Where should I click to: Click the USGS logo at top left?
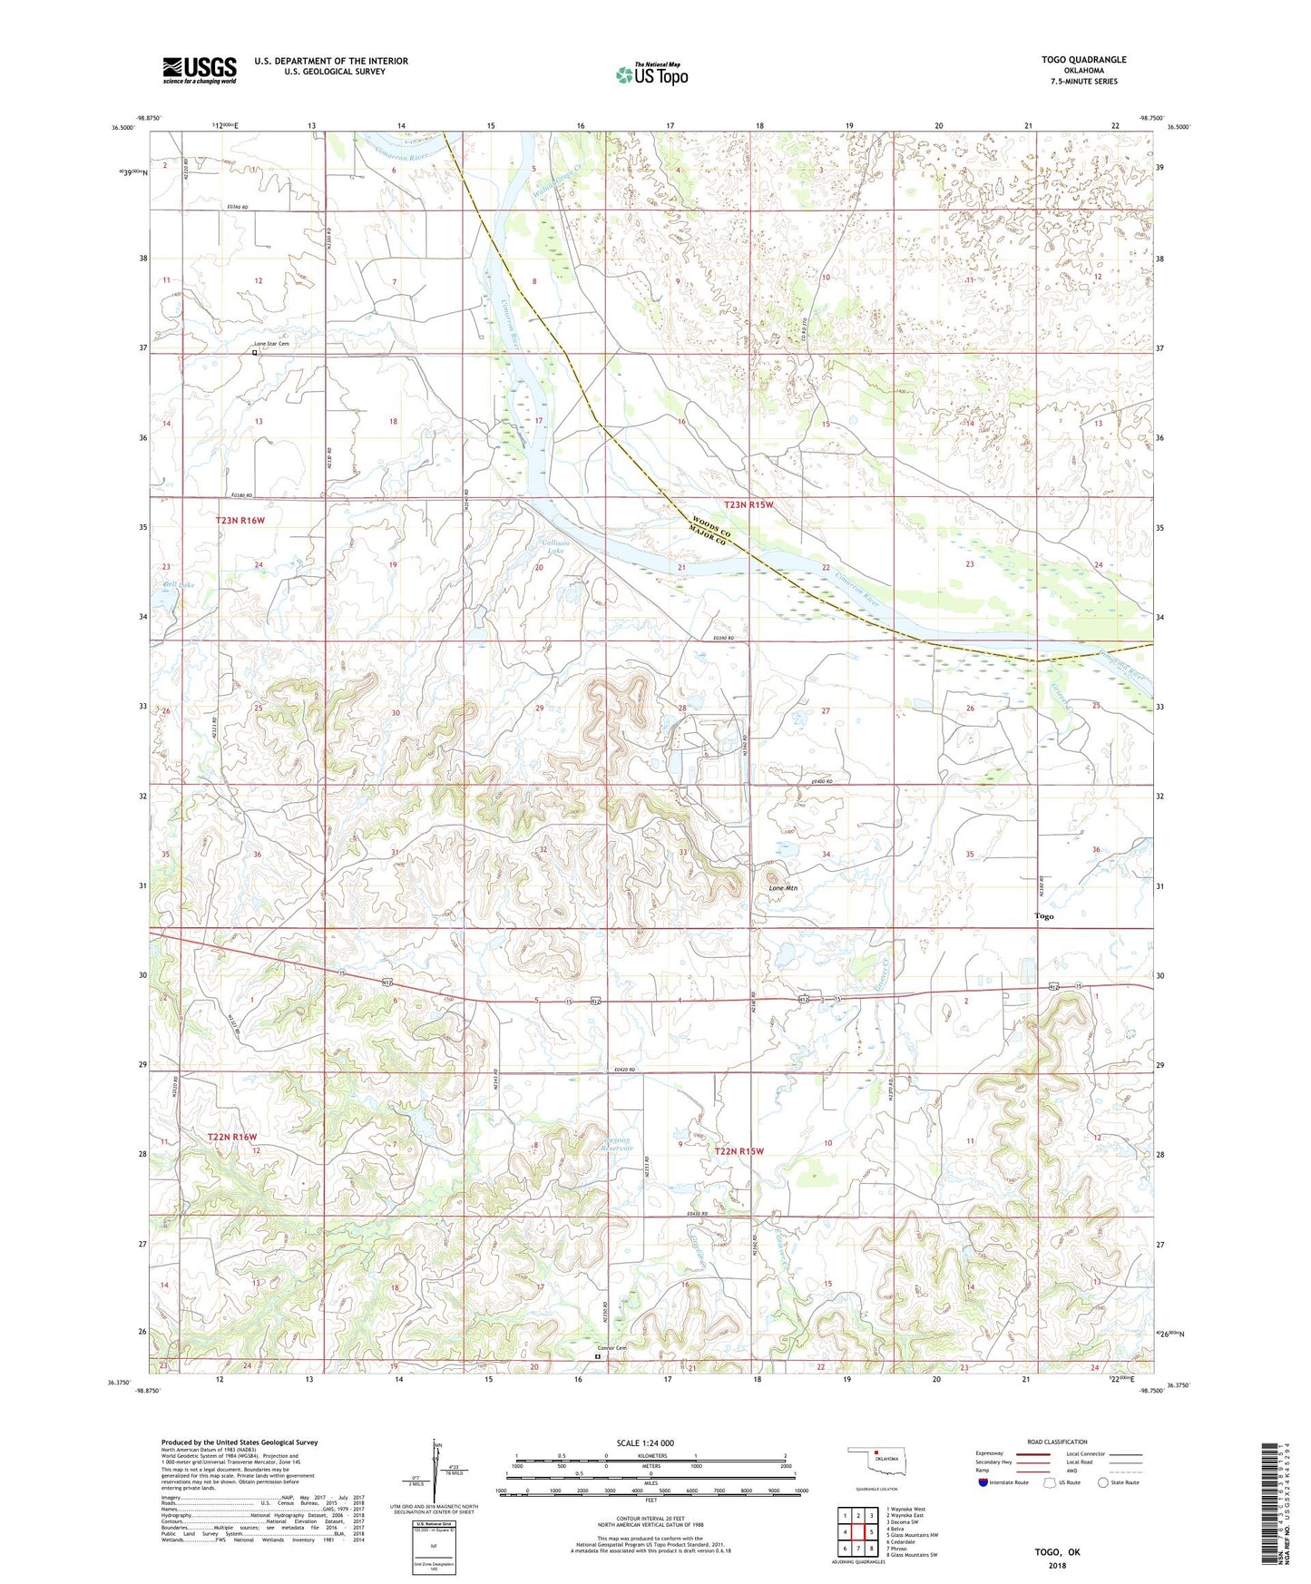click(x=200, y=69)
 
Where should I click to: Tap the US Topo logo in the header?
click(x=651, y=74)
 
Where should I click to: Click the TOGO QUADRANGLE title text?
click(x=1083, y=59)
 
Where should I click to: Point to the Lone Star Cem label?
click(x=271, y=344)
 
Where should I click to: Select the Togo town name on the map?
click(x=1044, y=916)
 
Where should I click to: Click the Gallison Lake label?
click(x=553, y=546)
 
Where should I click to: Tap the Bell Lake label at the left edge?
click(x=179, y=585)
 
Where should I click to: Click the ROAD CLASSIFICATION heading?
click(x=1058, y=1442)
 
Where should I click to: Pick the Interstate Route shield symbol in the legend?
click(x=984, y=1482)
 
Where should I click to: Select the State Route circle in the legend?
click(x=1102, y=1482)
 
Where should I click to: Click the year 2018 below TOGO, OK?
click(x=1057, y=1565)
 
